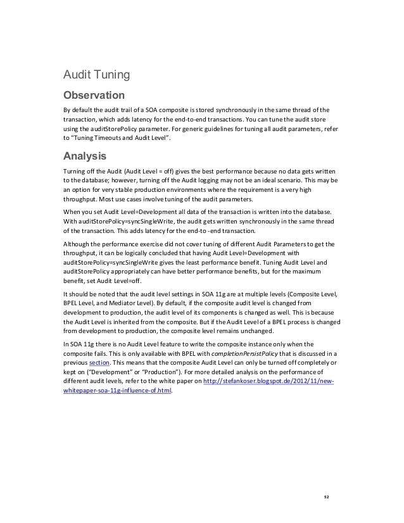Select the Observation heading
coord(92,96)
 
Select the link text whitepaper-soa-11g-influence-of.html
coord(117,391)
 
